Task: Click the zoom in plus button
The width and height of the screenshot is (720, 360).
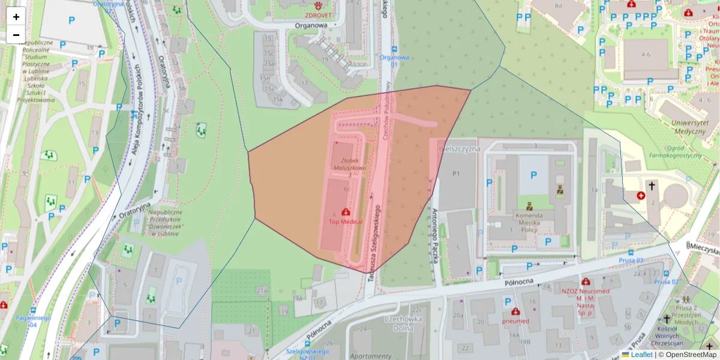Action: tap(16, 17)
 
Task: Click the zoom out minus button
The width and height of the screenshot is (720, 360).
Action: tap(16, 35)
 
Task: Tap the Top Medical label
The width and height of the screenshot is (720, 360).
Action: tap(346, 222)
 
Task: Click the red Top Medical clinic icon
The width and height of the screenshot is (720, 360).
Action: tap(346, 212)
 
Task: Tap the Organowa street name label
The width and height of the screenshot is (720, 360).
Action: tap(311, 26)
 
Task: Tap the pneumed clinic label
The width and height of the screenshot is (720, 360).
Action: tap(515, 321)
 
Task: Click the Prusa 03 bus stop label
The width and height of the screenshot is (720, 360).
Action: tap(631, 260)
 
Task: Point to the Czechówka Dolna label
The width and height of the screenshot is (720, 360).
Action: tap(404, 324)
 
